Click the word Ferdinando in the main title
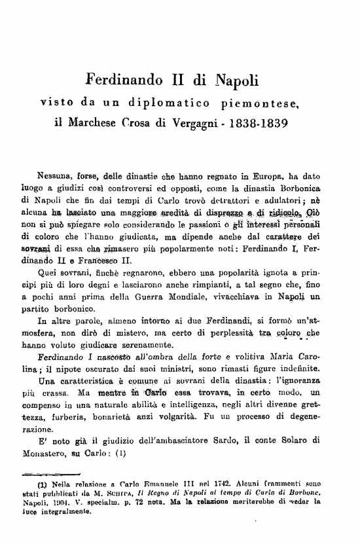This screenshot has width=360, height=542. tap(127, 82)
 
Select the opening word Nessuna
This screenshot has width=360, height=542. tap(59, 175)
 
